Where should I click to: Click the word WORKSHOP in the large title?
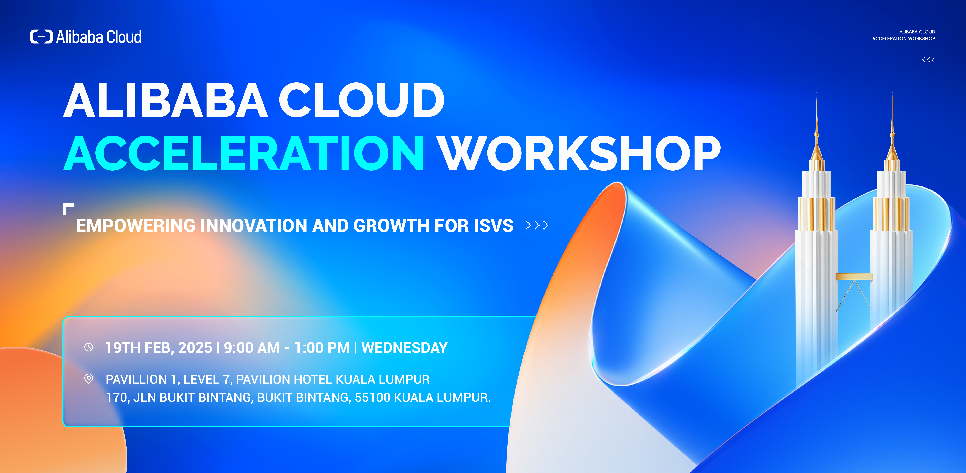(579, 154)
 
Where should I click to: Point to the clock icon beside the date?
(89, 347)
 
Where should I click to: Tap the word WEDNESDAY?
(404, 348)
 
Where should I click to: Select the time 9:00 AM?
(252, 348)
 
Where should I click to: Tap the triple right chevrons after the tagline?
(537, 225)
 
